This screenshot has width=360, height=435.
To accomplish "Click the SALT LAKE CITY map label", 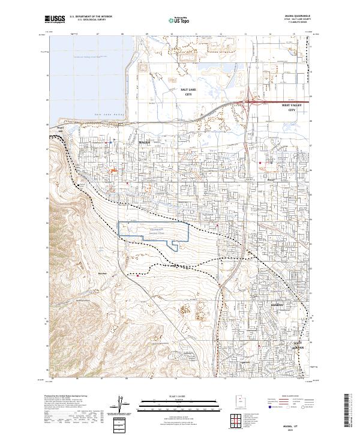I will tap(189, 92).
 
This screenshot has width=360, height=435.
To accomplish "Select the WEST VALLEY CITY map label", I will tap(292, 107).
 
